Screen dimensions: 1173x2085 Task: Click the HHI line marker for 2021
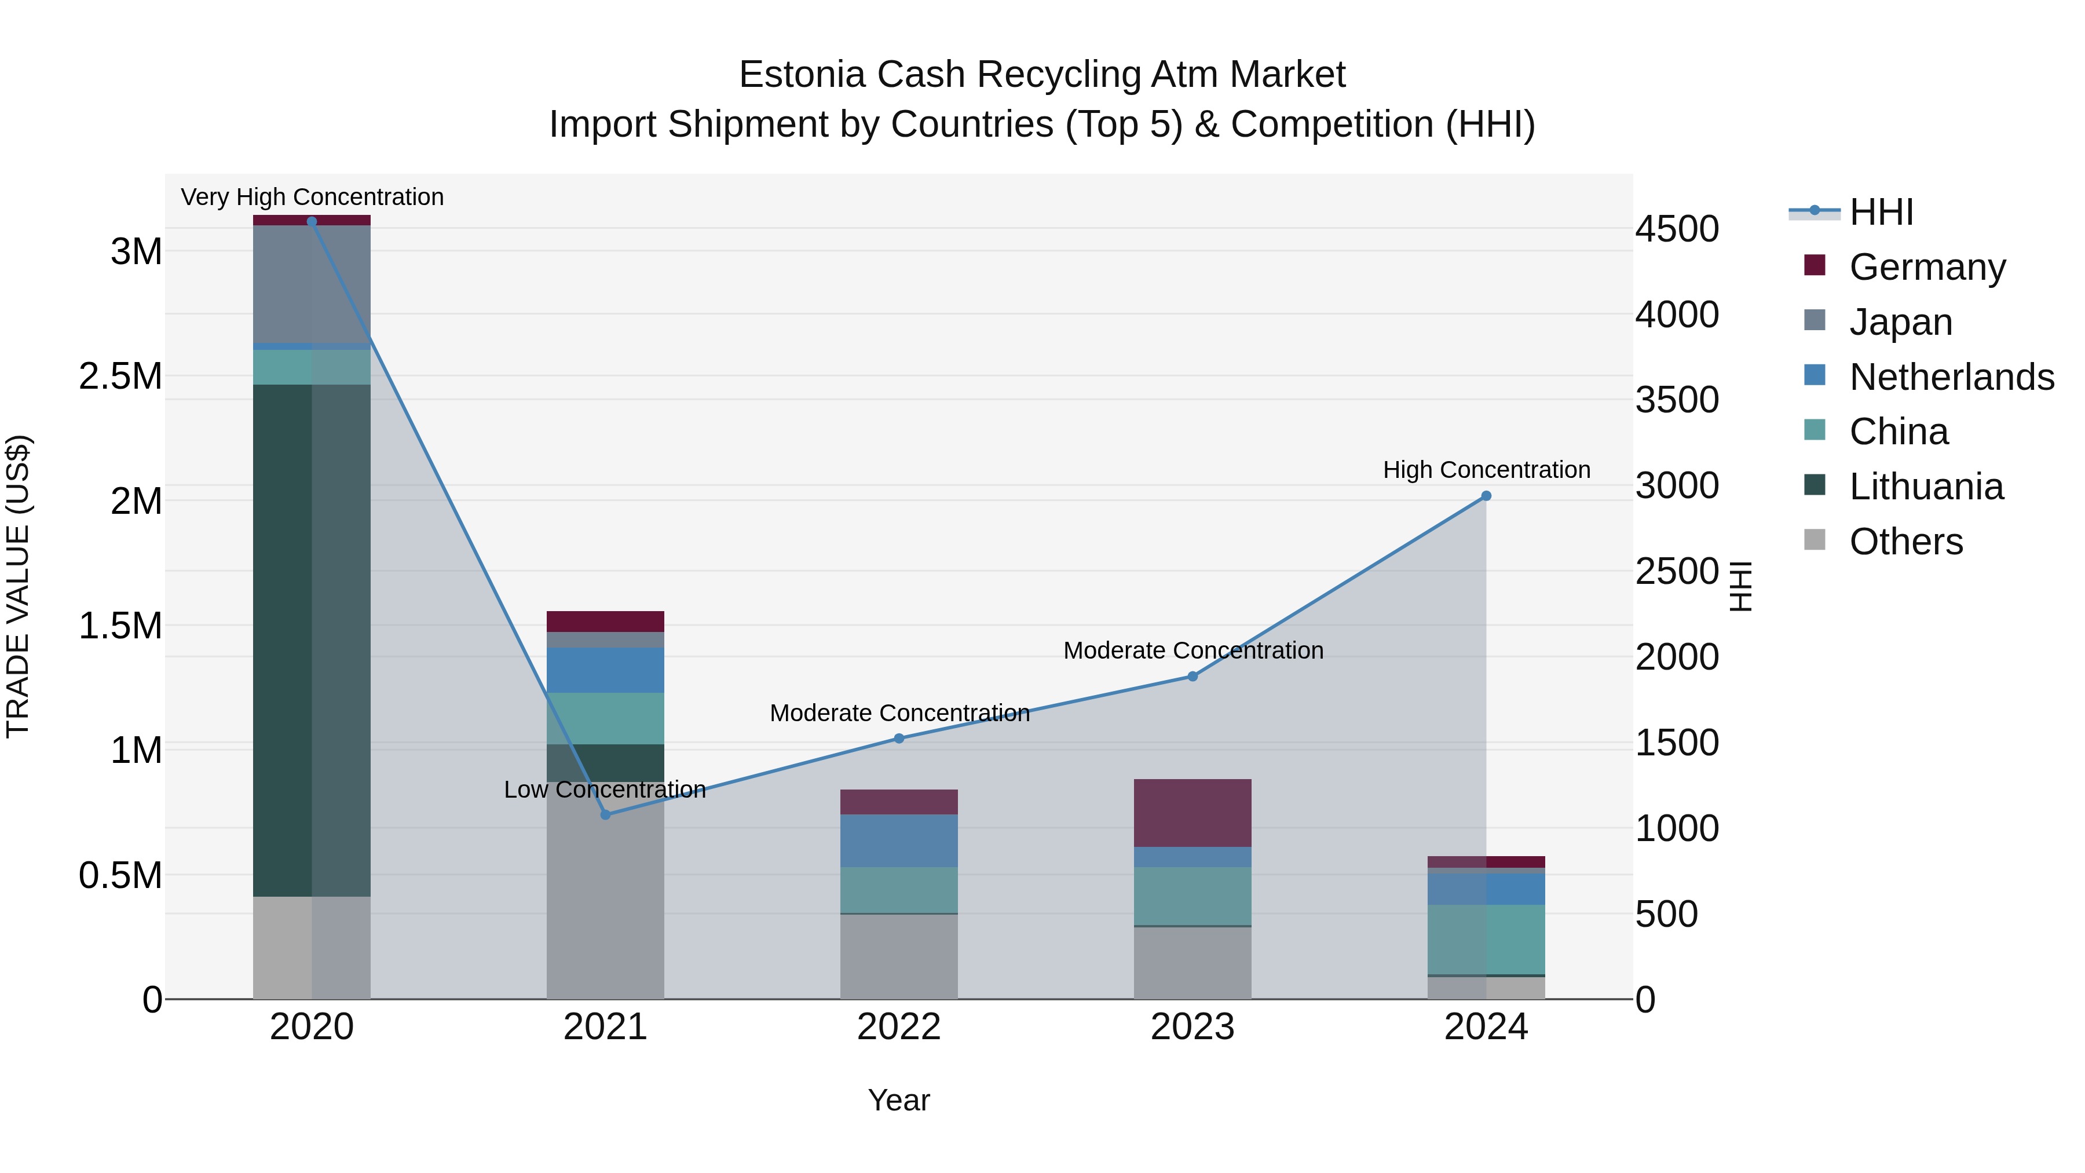pyautogui.click(x=605, y=814)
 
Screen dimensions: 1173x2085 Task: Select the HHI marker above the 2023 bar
pyautogui.click(x=1193, y=676)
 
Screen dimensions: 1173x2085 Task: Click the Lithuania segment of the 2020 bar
pyautogui.click(x=312, y=640)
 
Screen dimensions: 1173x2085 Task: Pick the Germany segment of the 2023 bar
pyautogui.click(x=1193, y=813)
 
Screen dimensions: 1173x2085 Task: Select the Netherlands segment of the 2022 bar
pyautogui.click(x=898, y=841)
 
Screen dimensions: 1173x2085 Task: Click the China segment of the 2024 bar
pyautogui.click(x=1486, y=939)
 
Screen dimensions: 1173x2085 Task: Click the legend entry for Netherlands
pyautogui.click(x=1951, y=377)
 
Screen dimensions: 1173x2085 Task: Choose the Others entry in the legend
pyautogui.click(x=1905, y=542)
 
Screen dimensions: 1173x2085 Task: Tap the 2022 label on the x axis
pyautogui.click(x=898, y=1027)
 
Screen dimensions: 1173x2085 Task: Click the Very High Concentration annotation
pyautogui.click(x=312, y=197)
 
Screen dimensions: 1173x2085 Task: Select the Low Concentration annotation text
pyautogui.click(x=605, y=790)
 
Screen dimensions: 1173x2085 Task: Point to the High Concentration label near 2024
pyautogui.click(x=1486, y=470)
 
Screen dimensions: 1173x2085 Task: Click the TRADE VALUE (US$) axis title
pyautogui.click(x=18, y=586)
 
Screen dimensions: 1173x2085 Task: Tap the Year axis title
pyautogui.click(x=898, y=1100)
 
